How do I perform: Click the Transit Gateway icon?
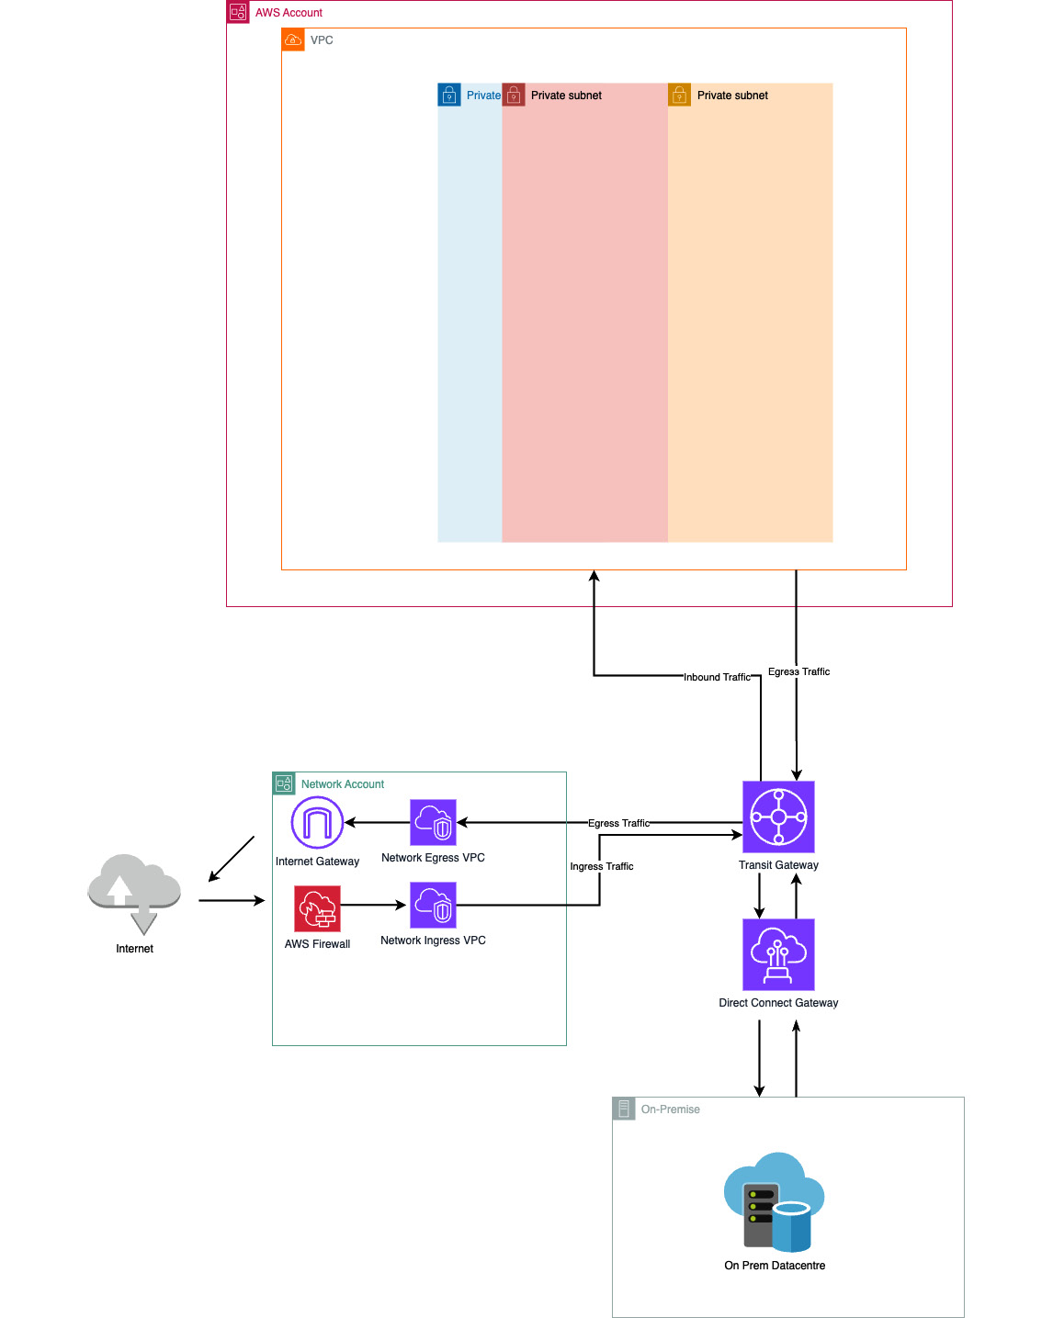click(x=778, y=817)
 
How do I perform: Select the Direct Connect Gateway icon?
click(x=778, y=954)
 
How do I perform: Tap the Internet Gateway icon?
click(x=317, y=822)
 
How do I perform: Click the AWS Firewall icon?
click(x=317, y=908)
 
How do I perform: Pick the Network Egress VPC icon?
click(x=433, y=822)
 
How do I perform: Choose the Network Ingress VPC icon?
click(x=433, y=905)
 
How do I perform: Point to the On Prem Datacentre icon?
click(x=774, y=1202)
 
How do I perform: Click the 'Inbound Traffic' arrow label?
click(x=717, y=677)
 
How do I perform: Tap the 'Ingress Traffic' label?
click(x=602, y=866)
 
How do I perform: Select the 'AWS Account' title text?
click(x=289, y=13)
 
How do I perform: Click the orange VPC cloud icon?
click(x=293, y=39)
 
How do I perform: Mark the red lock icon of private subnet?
click(x=514, y=95)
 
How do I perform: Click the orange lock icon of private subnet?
click(x=679, y=95)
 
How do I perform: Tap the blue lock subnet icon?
click(x=449, y=95)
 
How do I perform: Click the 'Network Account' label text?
click(x=343, y=784)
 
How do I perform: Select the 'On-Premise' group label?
click(x=671, y=1110)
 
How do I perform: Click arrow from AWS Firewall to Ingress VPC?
click(x=374, y=905)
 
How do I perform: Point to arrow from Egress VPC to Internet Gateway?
click(x=377, y=822)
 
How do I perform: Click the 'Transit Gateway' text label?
click(x=778, y=865)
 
